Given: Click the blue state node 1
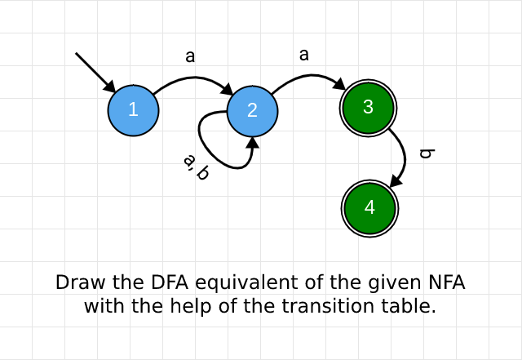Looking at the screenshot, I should [132, 111].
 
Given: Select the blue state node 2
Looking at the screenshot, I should [252, 111].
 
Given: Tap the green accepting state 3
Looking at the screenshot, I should [367, 107].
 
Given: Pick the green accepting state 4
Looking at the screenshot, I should [369, 207].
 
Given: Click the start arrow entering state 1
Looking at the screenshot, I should [95, 72].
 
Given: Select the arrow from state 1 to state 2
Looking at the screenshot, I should [192, 79].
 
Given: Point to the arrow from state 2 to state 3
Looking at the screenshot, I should [307, 77].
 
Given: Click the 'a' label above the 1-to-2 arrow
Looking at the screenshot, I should [190, 56].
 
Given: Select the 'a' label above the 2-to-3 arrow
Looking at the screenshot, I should [304, 55].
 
